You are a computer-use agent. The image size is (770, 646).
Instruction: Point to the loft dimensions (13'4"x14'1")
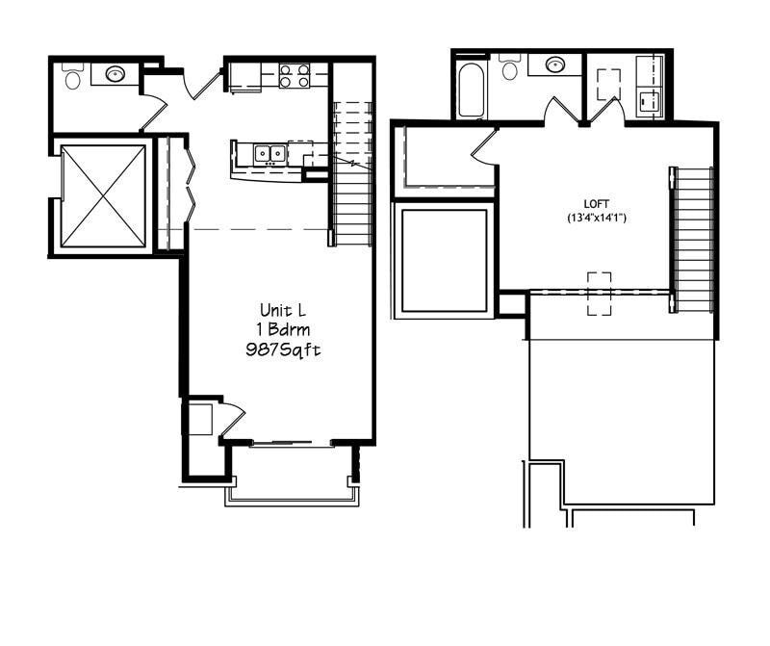point(597,218)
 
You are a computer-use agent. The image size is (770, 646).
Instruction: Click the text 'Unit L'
point(283,310)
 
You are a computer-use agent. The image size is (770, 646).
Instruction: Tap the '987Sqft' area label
point(283,350)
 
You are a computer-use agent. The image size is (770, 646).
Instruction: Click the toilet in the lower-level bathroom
point(73,76)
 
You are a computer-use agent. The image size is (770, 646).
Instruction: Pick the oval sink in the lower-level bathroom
point(115,74)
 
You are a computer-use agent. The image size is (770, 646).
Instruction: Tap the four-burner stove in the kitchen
point(295,75)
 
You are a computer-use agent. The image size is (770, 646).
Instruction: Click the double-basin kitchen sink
point(269,152)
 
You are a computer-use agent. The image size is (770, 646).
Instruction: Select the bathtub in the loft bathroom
point(471,90)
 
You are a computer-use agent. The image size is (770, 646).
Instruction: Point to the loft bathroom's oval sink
point(555,65)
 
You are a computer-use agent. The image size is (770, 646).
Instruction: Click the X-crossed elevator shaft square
point(102,196)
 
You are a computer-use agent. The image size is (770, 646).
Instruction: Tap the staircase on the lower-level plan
point(352,173)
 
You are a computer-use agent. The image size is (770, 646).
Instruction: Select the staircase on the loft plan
point(692,239)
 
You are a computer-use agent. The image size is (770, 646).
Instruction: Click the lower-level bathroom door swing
point(153,112)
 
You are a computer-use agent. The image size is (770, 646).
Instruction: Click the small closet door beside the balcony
point(231,419)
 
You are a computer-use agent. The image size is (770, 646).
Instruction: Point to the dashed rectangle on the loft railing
point(599,294)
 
